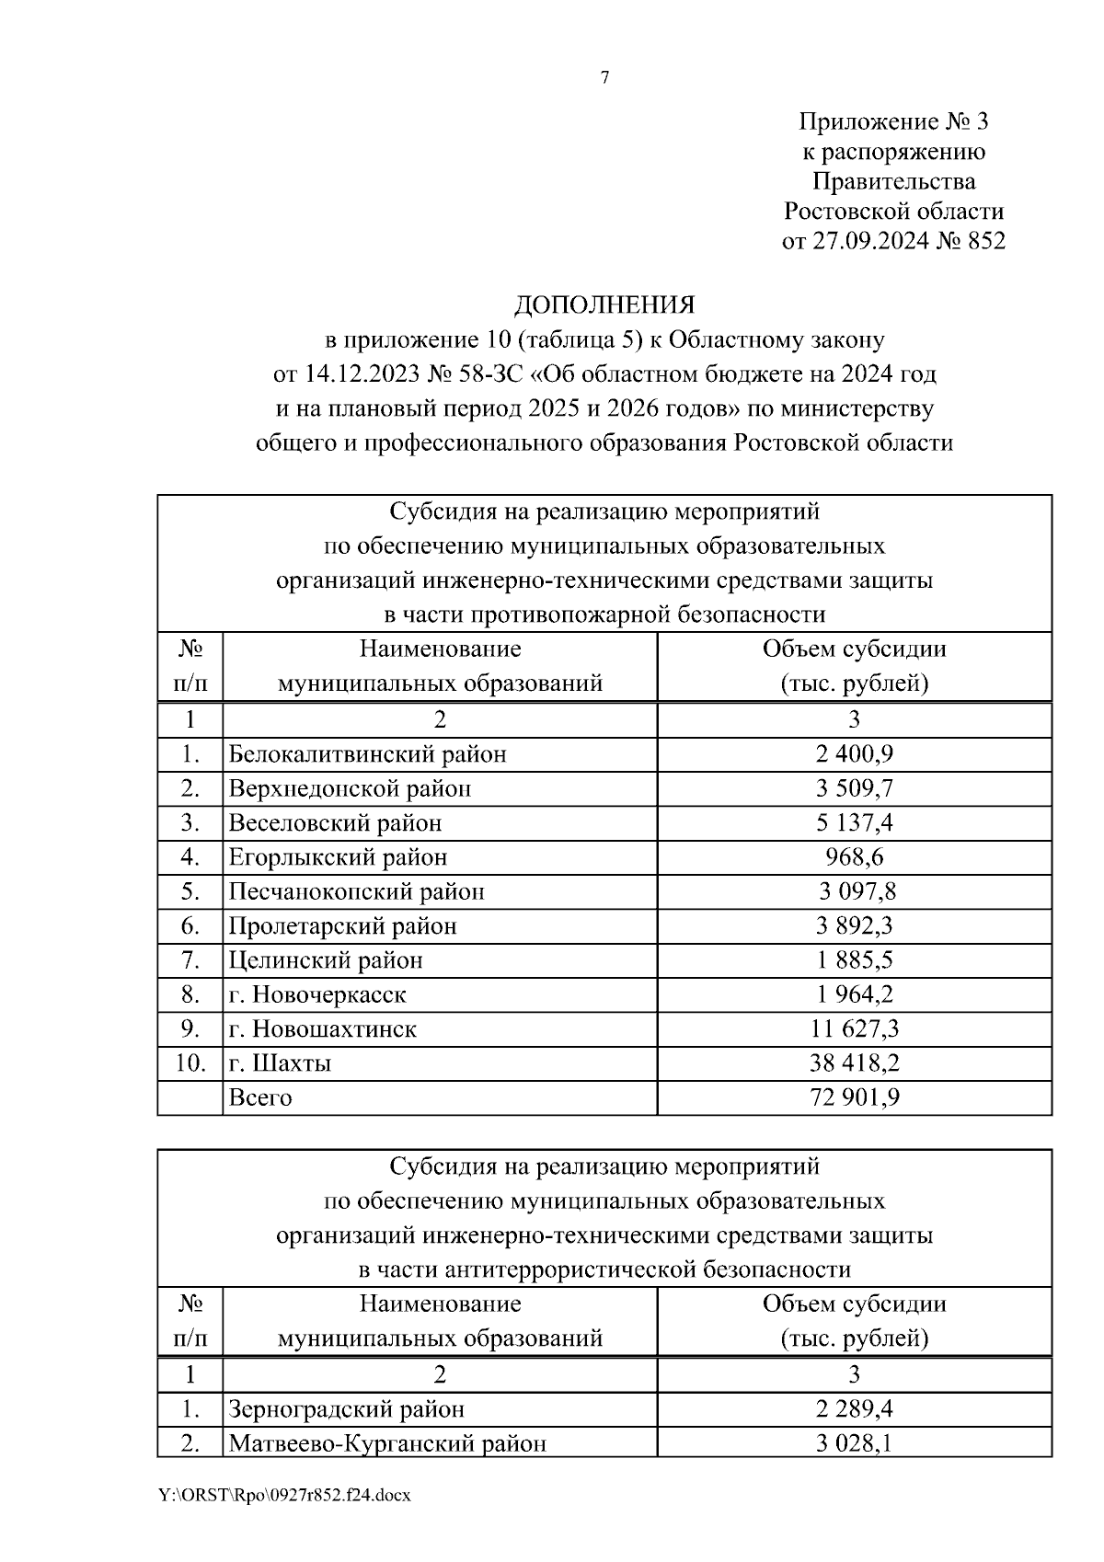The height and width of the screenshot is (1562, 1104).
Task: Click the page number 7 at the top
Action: point(604,79)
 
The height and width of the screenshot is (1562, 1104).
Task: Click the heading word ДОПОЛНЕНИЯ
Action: point(604,304)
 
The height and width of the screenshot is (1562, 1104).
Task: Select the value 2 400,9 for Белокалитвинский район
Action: point(854,754)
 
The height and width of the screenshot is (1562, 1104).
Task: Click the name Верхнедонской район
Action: point(350,788)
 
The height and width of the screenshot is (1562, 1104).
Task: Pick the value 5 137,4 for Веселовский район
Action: point(854,822)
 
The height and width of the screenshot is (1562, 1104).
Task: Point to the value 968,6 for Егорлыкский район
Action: point(854,857)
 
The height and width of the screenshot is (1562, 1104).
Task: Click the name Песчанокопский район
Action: point(356,891)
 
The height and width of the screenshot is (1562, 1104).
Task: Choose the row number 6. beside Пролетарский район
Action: point(190,925)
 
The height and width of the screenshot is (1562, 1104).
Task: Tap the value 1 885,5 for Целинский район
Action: point(854,960)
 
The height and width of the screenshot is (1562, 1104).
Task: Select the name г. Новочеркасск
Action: point(317,994)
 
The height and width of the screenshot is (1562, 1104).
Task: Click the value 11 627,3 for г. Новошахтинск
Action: point(854,1028)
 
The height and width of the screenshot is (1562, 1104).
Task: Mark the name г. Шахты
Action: point(280,1063)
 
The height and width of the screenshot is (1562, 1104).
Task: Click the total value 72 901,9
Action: point(854,1097)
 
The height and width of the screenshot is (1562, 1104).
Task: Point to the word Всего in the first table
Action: point(259,1097)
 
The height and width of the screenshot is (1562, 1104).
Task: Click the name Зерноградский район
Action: point(346,1409)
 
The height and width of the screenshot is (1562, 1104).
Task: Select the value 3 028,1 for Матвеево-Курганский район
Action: point(854,1443)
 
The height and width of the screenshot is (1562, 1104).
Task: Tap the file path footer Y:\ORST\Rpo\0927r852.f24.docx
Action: point(284,1496)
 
